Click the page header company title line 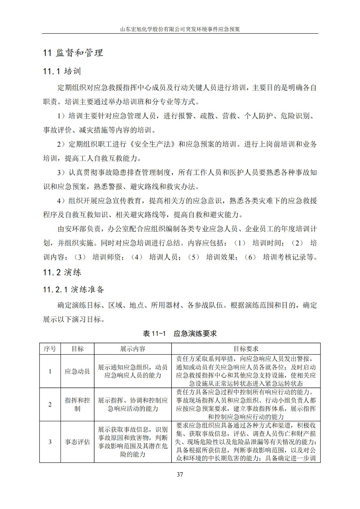point(180,29)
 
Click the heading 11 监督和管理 point(73,53)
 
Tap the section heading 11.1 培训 point(62,71)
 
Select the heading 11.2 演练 point(62,272)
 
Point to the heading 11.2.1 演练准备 point(74,289)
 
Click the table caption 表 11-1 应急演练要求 point(180,333)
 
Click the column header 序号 point(50,349)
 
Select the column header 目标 point(77,349)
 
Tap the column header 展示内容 point(133,349)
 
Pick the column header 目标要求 point(246,349)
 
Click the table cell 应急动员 point(77,371)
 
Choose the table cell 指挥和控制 point(77,404)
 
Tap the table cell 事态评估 point(77,442)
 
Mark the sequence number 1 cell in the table point(50,371)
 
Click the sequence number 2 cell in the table point(50,404)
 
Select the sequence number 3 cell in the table point(50,442)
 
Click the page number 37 point(180,474)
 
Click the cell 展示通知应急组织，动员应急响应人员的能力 point(133,371)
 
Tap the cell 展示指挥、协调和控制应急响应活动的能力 point(133,404)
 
